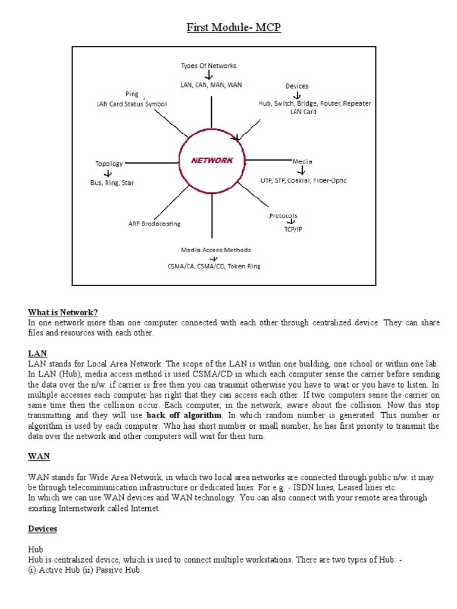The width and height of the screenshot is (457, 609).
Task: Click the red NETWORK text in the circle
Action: (x=212, y=161)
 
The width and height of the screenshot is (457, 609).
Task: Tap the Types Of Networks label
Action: (x=208, y=65)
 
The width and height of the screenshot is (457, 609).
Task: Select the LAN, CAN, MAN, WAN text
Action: (x=211, y=85)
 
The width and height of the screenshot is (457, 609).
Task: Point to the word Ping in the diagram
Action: (x=132, y=94)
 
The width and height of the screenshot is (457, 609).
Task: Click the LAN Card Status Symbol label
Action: (x=132, y=103)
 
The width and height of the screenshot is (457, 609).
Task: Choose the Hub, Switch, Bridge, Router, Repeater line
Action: (x=314, y=103)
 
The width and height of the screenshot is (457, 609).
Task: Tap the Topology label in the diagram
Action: (x=109, y=164)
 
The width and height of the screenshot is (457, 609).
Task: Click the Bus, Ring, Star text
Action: (x=112, y=183)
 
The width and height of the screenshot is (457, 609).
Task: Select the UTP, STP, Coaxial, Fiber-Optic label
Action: (x=303, y=180)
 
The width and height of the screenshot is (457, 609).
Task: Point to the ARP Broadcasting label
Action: (x=154, y=224)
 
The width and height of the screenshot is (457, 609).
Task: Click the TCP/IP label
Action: (x=293, y=229)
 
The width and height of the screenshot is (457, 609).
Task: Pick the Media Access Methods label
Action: (x=216, y=250)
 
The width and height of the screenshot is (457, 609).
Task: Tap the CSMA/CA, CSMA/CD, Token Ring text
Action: (x=214, y=266)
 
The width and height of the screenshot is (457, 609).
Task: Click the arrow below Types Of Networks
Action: (x=209, y=76)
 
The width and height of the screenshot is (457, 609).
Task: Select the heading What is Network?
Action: (x=62, y=313)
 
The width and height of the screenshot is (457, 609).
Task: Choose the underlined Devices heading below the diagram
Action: (x=42, y=529)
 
